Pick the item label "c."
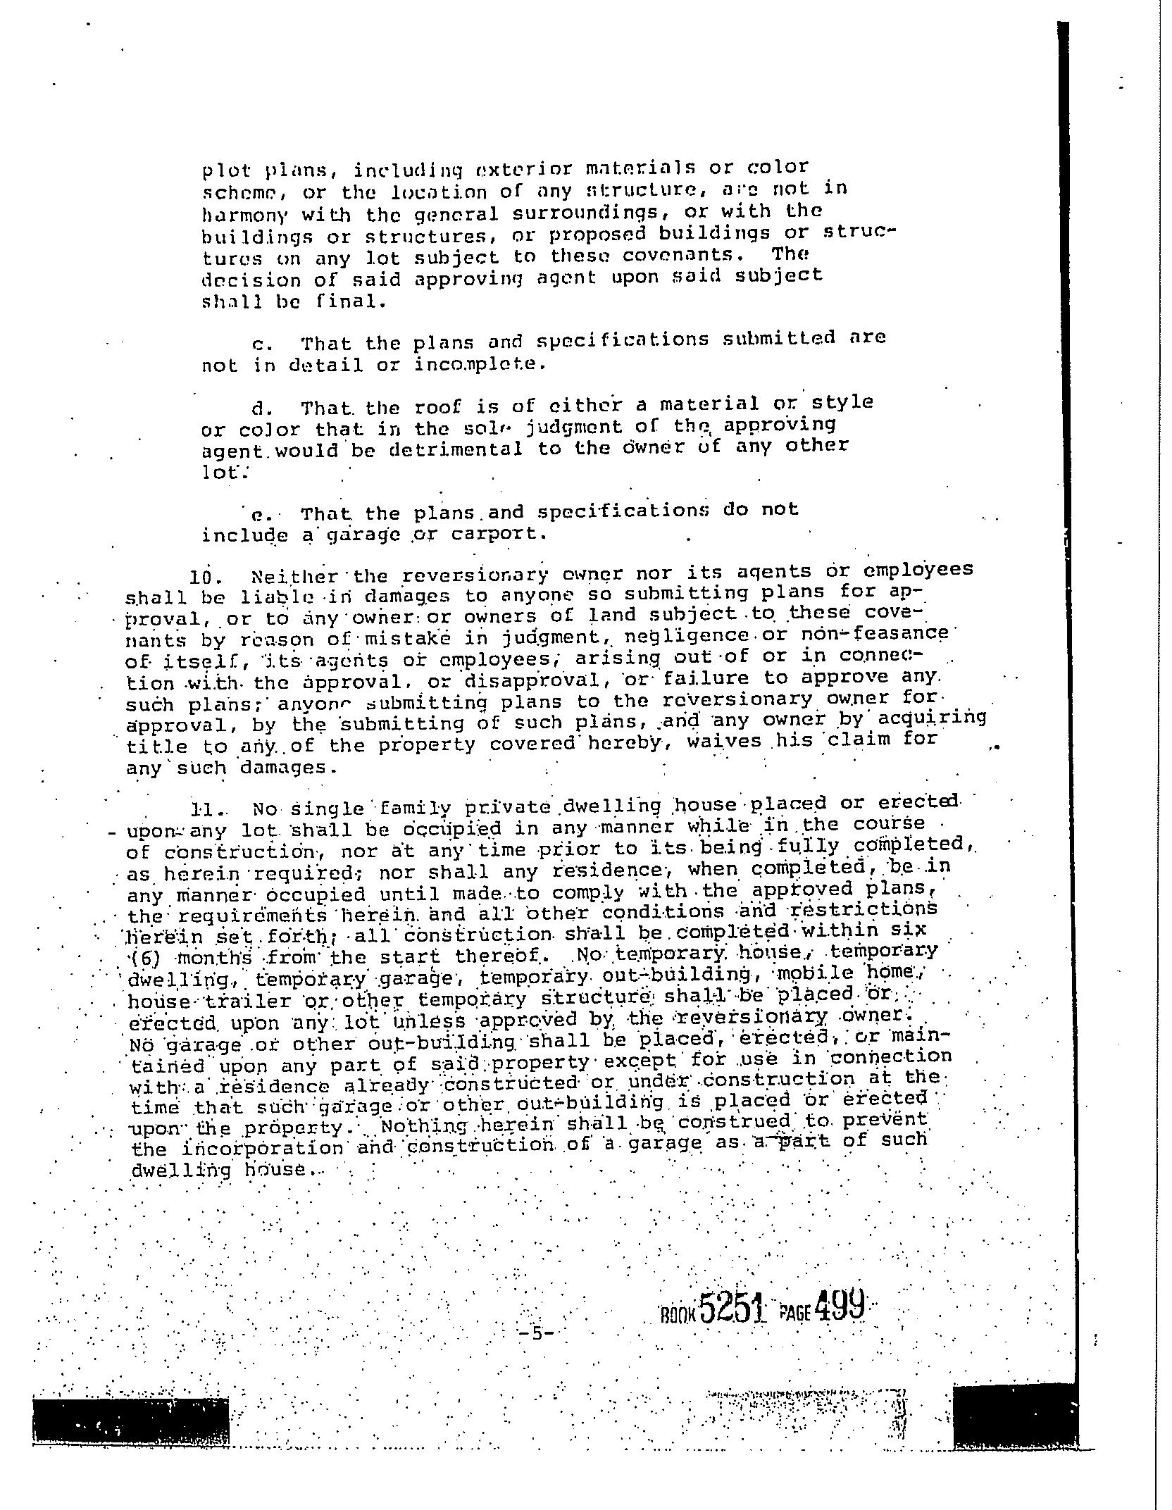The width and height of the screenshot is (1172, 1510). coord(261,344)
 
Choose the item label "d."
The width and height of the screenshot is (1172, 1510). coord(262,408)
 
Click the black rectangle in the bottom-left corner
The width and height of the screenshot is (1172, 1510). coord(130,1421)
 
